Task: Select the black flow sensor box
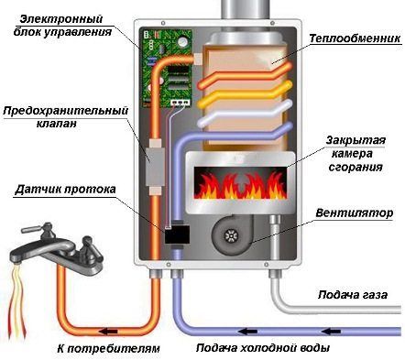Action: click(175, 237)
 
